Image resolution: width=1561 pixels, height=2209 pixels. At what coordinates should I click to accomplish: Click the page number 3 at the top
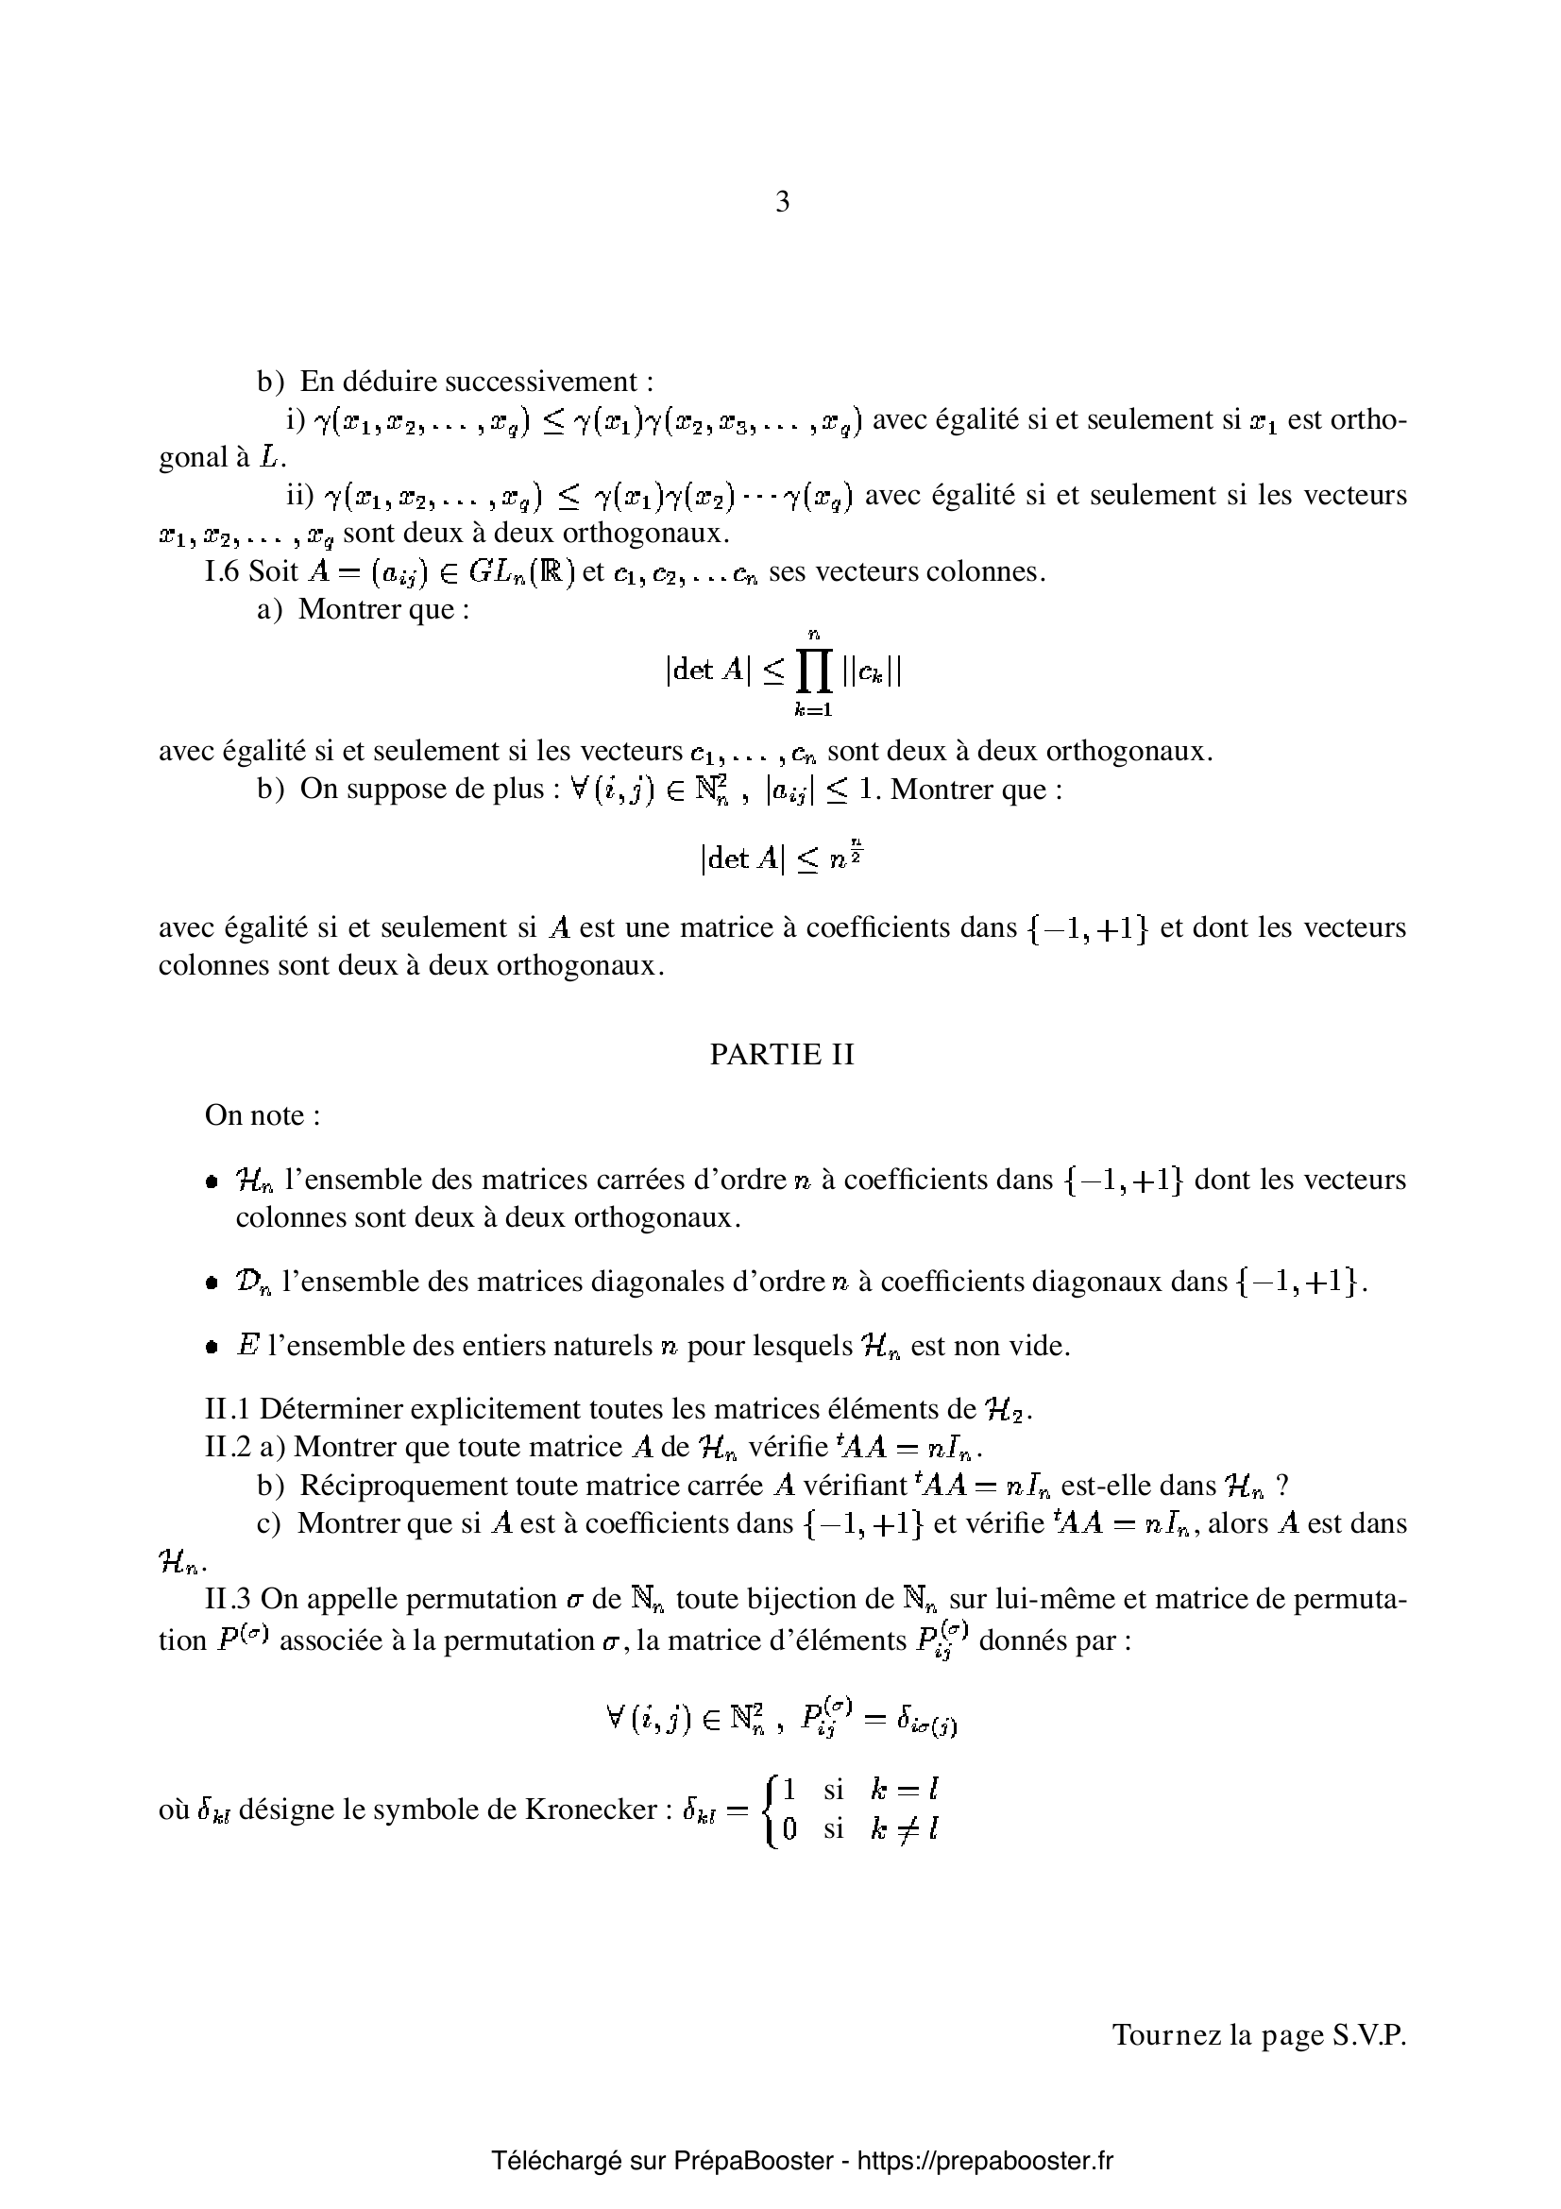pos(781,202)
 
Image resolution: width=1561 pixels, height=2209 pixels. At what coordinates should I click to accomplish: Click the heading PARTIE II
pos(781,1056)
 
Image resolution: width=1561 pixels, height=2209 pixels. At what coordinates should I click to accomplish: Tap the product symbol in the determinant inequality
pos(813,671)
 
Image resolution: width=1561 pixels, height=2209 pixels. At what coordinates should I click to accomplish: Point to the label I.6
pos(222,571)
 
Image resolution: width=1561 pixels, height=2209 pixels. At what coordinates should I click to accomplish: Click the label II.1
pos(228,1408)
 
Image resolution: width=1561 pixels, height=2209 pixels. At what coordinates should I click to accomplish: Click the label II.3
pos(228,1599)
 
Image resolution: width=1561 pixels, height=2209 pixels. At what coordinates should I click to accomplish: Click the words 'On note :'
pos(262,1116)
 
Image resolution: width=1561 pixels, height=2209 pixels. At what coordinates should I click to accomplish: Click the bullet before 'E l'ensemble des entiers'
pos(211,1346)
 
